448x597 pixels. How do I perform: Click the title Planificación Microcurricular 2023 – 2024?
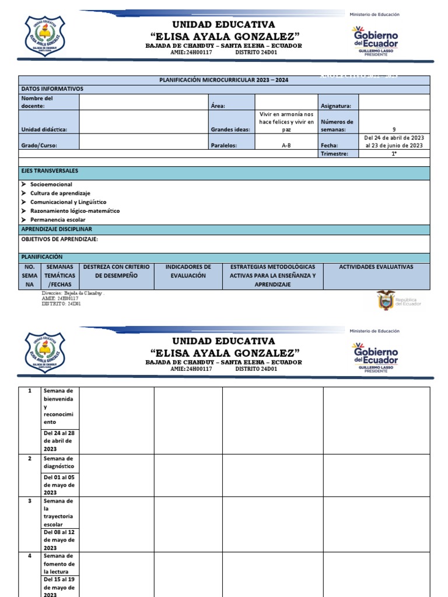pos(224,80)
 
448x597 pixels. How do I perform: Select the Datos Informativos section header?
pos(52,89)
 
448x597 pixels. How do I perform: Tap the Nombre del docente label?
pos(37,102)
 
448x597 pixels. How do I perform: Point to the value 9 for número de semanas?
pos(394,129)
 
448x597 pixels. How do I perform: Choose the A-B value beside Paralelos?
pos(286,146)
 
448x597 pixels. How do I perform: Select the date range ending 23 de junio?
pos(394,142)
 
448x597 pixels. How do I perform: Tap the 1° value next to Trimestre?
pos(394,154)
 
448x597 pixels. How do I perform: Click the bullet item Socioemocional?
pos(51,184)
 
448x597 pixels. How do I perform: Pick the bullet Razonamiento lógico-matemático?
pos(75,210)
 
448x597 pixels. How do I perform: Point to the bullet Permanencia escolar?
pos(58,220)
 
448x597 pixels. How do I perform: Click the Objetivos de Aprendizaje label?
pos(60,239)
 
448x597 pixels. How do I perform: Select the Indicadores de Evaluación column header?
pos(188,271)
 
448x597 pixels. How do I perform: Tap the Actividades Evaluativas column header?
pos(376,267)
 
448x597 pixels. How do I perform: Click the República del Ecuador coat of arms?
pos(386,300)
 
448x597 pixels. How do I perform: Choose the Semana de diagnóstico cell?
pos(59,462)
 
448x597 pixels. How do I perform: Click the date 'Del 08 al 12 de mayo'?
pos(59,540)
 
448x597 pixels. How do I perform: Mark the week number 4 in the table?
pos(29,556)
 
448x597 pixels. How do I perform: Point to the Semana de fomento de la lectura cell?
pos(59,564)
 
